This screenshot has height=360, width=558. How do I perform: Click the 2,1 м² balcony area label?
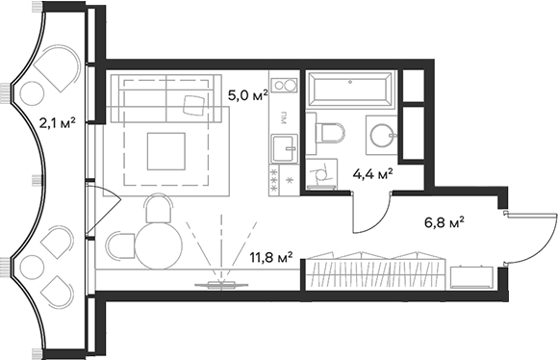click(x=57, y=122)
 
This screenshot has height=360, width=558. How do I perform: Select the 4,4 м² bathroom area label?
click(x=373, y=174)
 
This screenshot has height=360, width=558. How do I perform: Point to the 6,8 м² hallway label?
click(x=444, y=222)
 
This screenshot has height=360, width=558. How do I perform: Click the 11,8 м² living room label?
click(x=270, y=257)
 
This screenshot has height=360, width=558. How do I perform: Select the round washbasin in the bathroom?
click(x=382, y=133)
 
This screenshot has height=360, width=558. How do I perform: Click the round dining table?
click(x=159, y=245)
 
